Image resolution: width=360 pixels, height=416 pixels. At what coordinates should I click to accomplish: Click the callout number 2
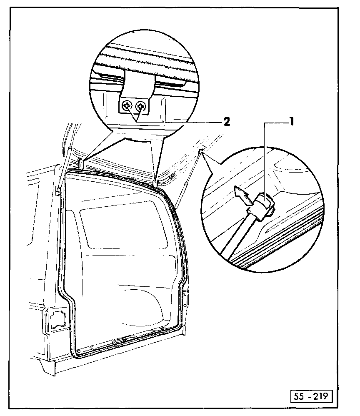pyautogui.click(x=226, y=122)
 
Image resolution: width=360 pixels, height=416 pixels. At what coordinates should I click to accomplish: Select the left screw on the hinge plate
pyautogui.click(x=128, y=107)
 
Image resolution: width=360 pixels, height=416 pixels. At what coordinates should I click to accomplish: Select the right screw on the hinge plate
pyautogui.click(x=142, y=107)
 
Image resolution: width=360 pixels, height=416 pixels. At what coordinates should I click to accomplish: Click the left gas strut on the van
pyautogui.click(x=62, y=171)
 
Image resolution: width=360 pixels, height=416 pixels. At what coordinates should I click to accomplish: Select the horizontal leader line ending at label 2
pyautogui.click(x=192, y=122)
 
